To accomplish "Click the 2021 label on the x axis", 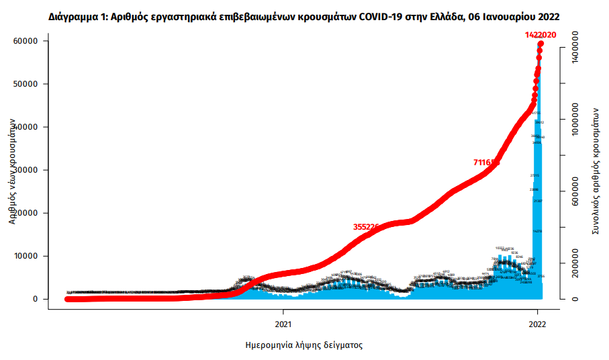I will (283, 322).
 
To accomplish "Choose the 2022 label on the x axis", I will (537, 322).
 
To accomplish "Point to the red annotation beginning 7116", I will (486, 162).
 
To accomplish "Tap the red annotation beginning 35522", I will (367, 227).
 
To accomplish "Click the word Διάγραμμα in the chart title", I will (72, 15).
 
